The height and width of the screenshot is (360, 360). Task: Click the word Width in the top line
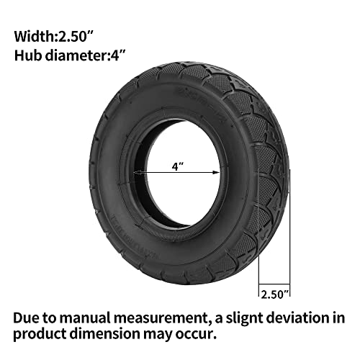click(x=35, y=37)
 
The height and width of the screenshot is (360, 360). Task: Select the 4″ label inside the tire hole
click(x=178, y=166)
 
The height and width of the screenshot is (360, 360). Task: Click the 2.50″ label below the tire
click(x=274, y=294)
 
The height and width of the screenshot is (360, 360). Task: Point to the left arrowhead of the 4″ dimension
click(x=137, y=172)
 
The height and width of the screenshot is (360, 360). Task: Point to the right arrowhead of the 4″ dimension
click(x=216, y=172)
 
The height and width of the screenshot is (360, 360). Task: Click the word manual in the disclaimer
click(x=85, y=318)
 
